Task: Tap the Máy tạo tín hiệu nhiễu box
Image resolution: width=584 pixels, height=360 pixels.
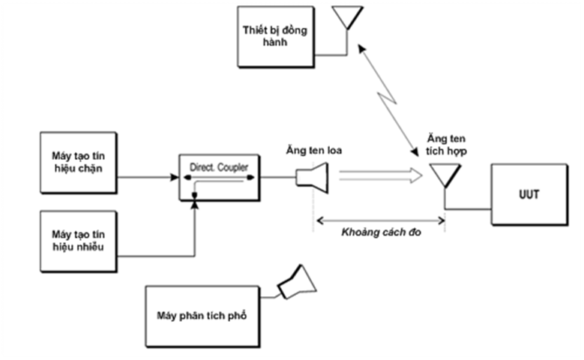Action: [78, 241]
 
